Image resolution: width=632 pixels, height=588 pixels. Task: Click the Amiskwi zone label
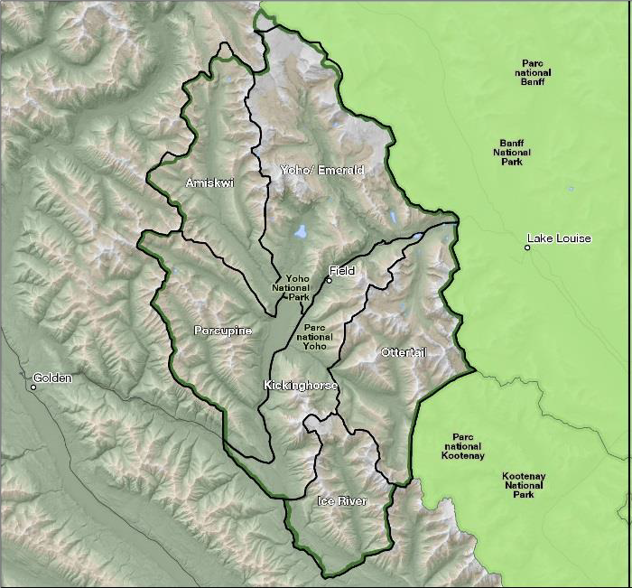(x=209, y=183)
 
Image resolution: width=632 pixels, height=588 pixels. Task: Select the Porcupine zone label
(x=222, y=331)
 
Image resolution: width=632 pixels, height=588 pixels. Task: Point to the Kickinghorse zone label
(x=301, y=386)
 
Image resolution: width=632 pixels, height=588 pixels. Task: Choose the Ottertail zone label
(x=403, y=352)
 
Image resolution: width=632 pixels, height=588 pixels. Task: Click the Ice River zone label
(x=342, y=500)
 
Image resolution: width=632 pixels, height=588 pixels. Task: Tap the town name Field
(x=343, y=271)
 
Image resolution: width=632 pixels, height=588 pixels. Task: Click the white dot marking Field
(x=330, y=280)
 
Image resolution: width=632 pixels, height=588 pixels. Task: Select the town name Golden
(x=51, y=378)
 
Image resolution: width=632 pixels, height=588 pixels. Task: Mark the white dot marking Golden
(x=33, y=387)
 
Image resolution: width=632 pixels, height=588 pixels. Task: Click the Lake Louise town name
(x=560, y=238)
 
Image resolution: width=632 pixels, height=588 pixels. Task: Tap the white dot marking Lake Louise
(x=527, y=247)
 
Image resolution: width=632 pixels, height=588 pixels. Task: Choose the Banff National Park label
(x=516, y=153)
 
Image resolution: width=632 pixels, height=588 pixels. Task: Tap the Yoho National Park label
(x=297, y=287)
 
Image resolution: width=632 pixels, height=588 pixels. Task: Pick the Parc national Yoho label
(x=315, y=337)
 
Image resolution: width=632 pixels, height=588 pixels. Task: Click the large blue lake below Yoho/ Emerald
(x=301, y=231)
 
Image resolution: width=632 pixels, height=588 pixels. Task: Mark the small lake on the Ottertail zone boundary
(x=416, y=237)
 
